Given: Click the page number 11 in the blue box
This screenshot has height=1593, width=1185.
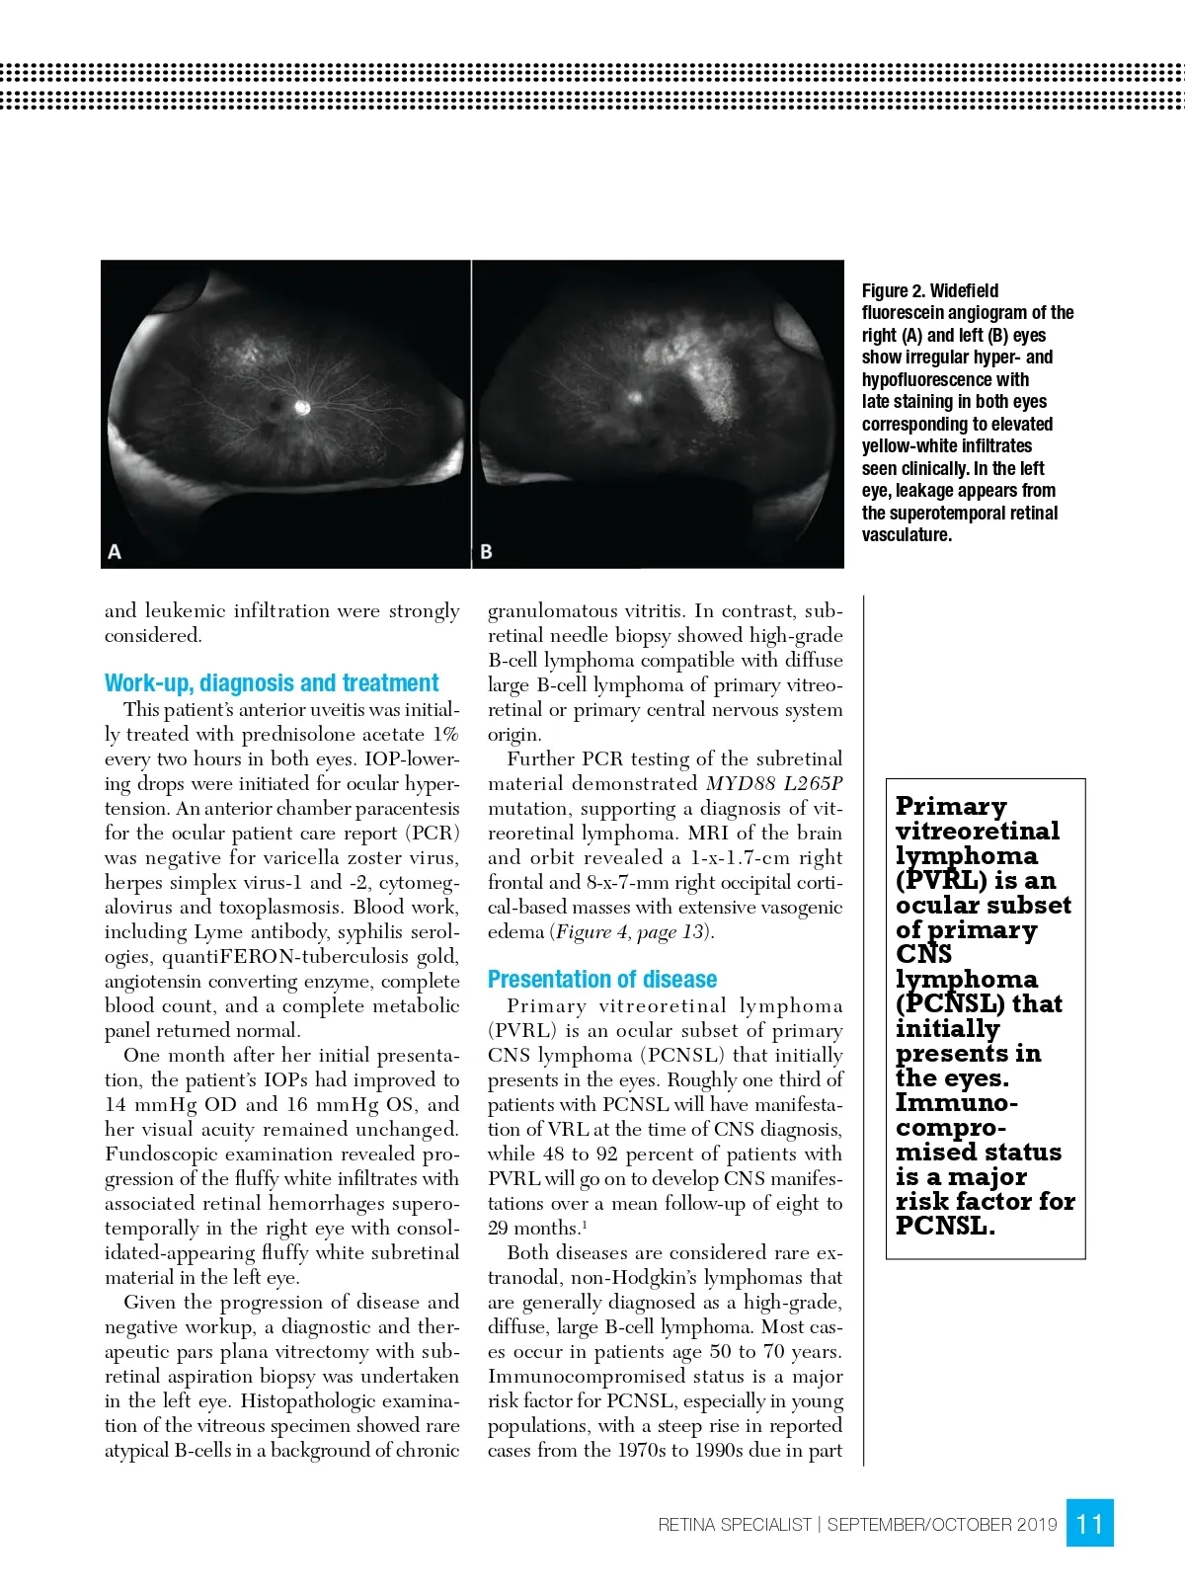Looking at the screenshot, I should (1090, 1524).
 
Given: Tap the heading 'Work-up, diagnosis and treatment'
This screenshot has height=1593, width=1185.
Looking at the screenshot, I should (272, 683).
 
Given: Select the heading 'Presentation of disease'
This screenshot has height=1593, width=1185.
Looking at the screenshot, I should (602, 980).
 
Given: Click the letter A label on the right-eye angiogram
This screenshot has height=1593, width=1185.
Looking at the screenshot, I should (115, 552).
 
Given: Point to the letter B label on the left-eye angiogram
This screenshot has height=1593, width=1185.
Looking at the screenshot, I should (486, 552).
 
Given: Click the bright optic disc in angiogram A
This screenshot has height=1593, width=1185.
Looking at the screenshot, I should (303, 407).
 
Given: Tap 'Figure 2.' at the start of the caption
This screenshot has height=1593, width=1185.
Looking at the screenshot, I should (894, 291).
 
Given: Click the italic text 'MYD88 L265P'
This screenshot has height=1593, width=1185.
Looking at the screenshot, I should (774, 784).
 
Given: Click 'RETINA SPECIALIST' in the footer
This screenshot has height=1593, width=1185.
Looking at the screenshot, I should (734, 1525).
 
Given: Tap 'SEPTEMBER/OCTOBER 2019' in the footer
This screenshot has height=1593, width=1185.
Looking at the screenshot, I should (942, 1525).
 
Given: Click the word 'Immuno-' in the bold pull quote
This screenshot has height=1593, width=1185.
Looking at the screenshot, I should (956, 1103).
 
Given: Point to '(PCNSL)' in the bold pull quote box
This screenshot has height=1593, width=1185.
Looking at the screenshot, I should (951, 1004).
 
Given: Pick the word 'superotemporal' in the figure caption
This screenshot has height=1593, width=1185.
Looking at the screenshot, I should (929, 514).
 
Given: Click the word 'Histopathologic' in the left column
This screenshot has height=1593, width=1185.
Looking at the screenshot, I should (314, 1401).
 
